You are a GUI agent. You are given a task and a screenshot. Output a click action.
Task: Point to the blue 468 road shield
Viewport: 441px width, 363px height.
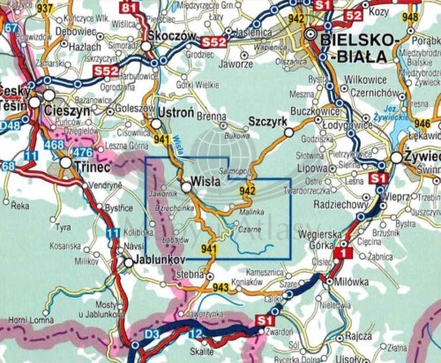click(x=54, y=144)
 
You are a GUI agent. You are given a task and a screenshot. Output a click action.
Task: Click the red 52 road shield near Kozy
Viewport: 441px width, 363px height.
click(x=353, y=16)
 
